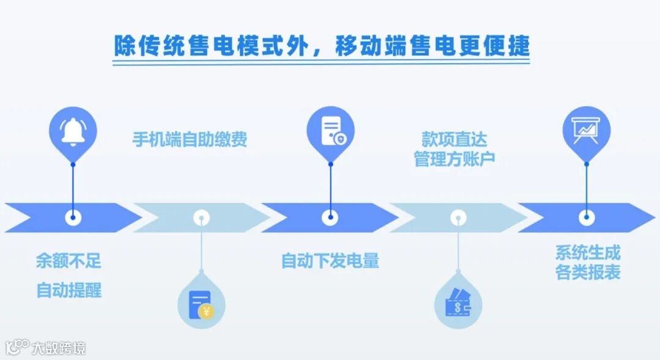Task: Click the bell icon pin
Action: (73, 130)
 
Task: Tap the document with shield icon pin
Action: (330, 130)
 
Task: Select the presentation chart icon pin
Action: (586, 130)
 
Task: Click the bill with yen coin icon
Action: (201, 304)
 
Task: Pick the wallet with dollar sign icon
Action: (458, 304)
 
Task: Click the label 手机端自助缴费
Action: (190, 140)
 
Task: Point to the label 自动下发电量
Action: (330, 261)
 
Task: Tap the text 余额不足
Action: (68, 262)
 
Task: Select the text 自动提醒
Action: (68, 289)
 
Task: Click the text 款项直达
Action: (455, 140)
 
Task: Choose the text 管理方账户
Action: (455, 160)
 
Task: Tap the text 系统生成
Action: (587, 252)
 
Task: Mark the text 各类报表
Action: (587, 273)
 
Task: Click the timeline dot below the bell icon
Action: (73, 217)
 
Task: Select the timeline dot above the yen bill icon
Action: (201, 217)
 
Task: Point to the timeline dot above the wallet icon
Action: (458, 217)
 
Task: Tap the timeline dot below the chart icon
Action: (586, 217)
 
